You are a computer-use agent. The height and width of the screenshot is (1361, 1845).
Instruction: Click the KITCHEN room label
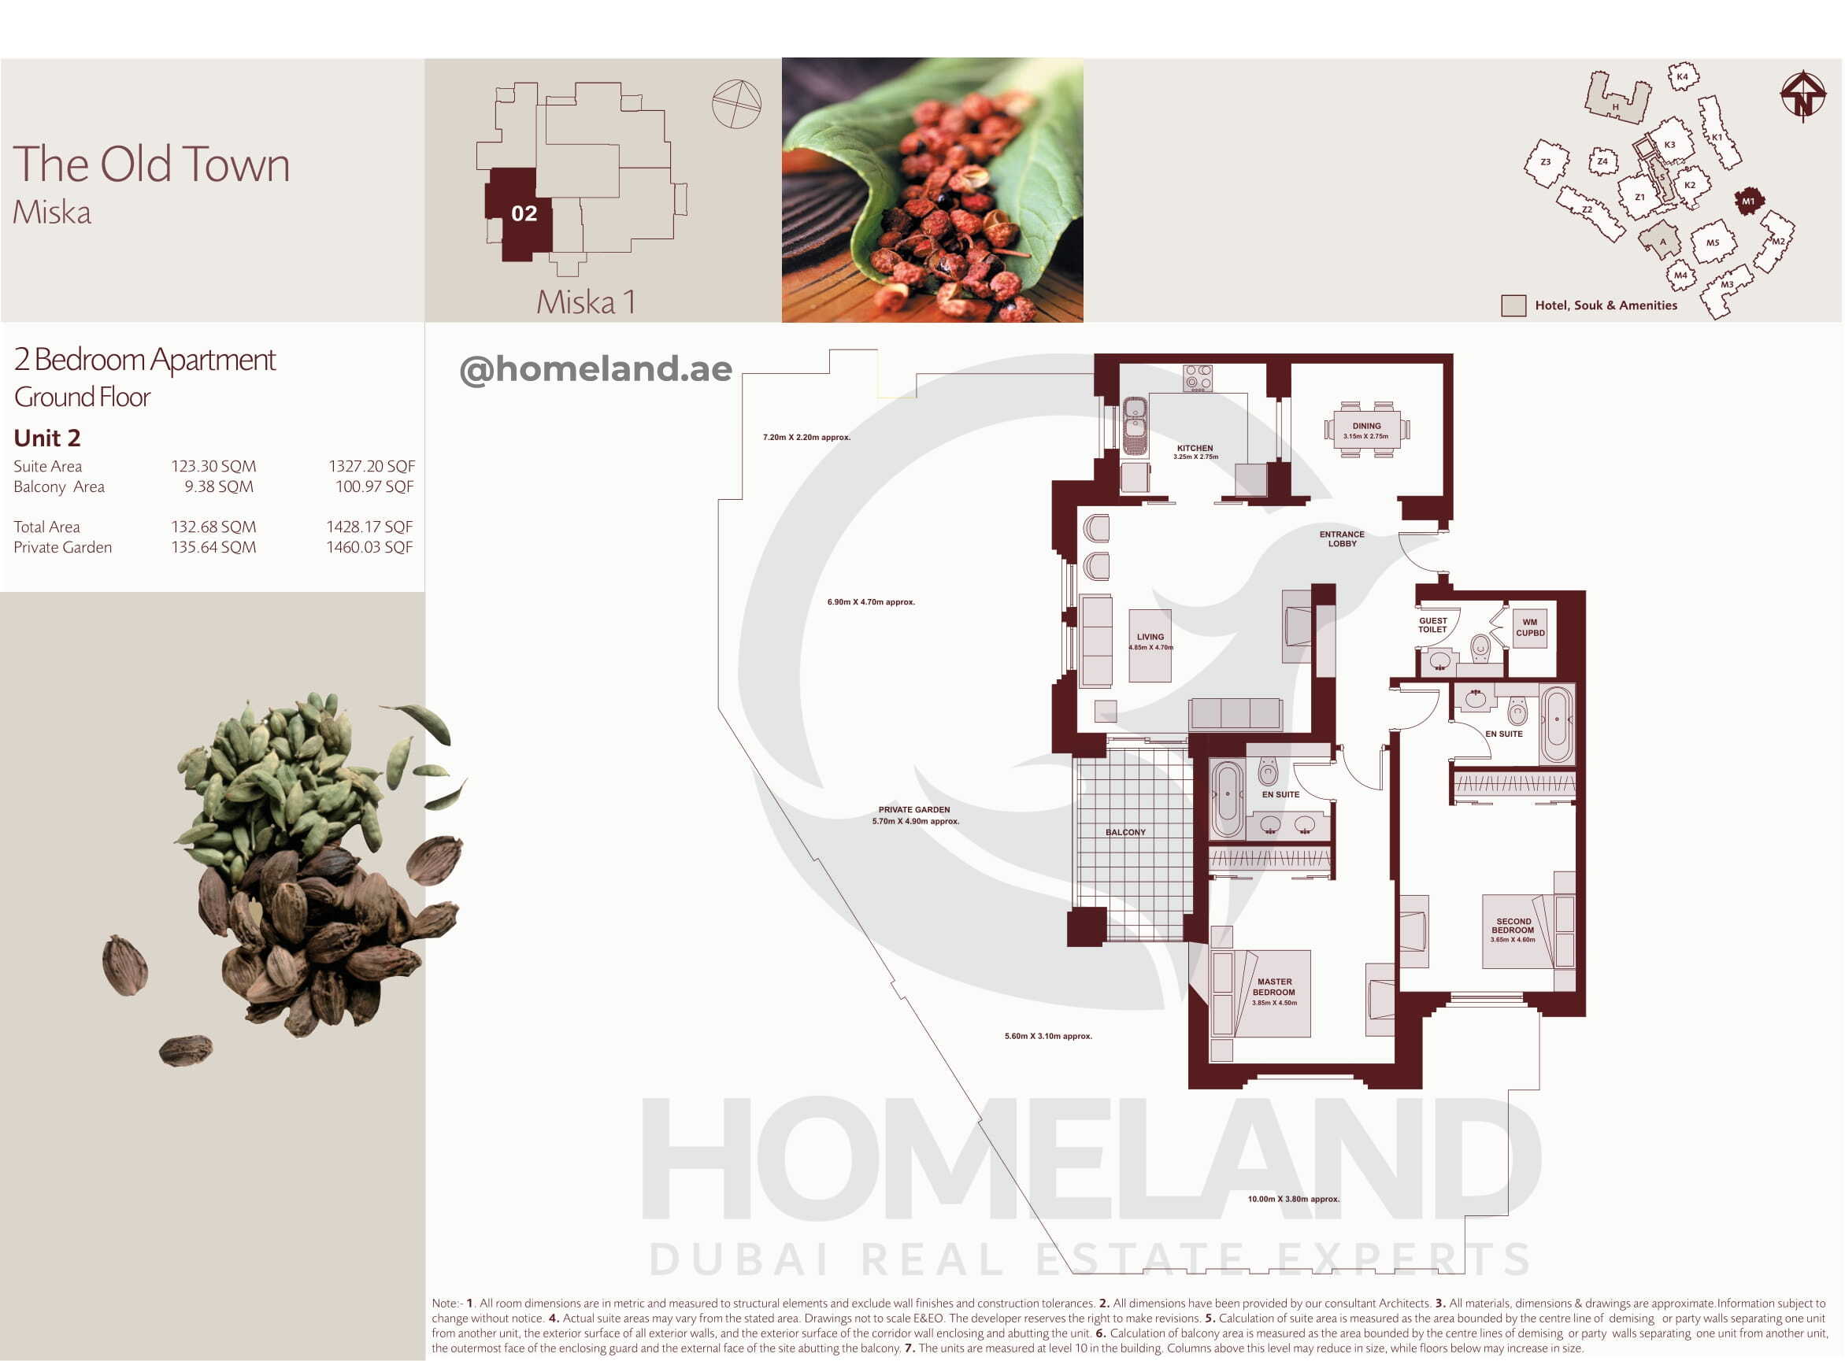(x=1195, y=448)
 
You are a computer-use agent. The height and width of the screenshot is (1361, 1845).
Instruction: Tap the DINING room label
(x=1366, y=426)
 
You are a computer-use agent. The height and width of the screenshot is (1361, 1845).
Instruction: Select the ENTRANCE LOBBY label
(x=1342, y=538)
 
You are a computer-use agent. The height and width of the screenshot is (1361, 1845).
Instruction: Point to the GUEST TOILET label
(x=1432, y=625)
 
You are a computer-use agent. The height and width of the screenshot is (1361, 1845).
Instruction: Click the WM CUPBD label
(x=1529, y=628)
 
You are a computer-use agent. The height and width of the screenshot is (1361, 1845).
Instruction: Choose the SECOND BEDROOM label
(x=1513, y=926)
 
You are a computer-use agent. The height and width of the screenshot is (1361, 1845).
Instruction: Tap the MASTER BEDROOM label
(x=1274, y=987)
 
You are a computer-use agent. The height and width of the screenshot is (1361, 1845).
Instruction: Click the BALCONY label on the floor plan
(x=1124, y=832)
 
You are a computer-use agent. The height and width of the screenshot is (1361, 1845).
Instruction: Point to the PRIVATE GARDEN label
(x=914, y=810)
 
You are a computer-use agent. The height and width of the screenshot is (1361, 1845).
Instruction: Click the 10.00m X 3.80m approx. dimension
(x=1293, y=1199)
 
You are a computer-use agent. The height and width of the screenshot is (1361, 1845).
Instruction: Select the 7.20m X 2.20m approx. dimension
(x=806, y=438)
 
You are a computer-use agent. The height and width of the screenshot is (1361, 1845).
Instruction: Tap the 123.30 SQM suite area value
(x=213, y=466)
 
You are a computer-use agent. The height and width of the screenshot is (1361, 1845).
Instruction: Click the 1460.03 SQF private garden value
(x=369, y=547)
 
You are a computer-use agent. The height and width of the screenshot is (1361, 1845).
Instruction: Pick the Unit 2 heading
(x=47, y=438)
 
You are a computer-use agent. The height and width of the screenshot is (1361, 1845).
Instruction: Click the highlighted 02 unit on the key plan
(x=517, y=215)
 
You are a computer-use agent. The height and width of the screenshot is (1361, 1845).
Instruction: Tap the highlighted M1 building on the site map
(x=1748, y=201)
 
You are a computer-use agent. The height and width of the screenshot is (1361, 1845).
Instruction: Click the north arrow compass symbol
(x=1803, y=95)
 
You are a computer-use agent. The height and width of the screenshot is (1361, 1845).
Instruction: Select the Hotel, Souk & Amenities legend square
(x=1513, y=305)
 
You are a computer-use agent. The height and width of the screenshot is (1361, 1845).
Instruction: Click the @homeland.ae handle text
(x=596, y=369)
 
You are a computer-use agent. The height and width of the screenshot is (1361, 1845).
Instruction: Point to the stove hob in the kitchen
(x=1197, y=378)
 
